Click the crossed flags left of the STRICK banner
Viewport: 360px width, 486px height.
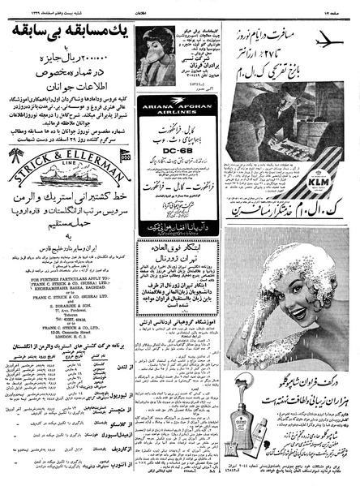click(x=122, y=154)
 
